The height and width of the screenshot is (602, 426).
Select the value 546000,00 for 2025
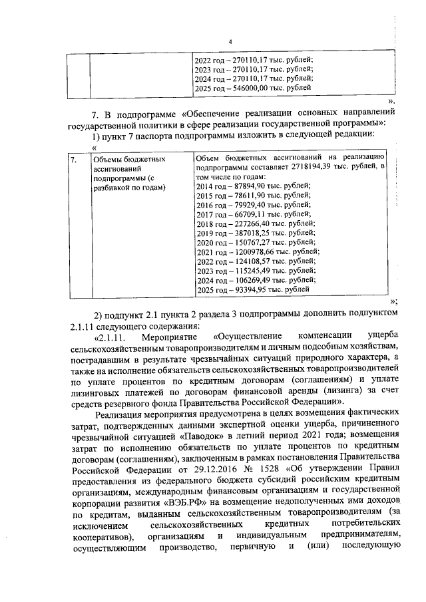coord(250,88)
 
